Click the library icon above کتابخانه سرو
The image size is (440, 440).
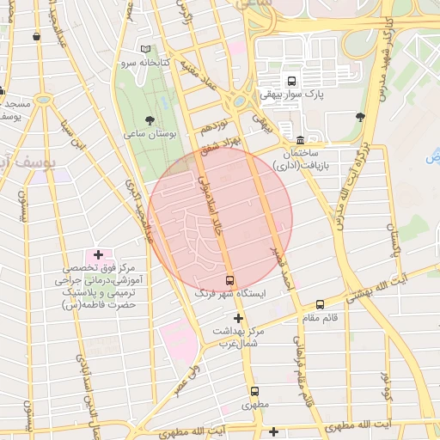(x=145, y=48)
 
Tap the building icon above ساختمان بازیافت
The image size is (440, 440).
(x=299, y=140)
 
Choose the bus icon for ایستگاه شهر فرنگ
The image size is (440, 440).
(x=229, y=280)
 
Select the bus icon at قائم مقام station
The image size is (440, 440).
(x=321, y=304)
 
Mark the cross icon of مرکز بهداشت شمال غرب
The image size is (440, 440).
(x=238, y=318)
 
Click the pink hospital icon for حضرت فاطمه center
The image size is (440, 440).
(x=98, y=255)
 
